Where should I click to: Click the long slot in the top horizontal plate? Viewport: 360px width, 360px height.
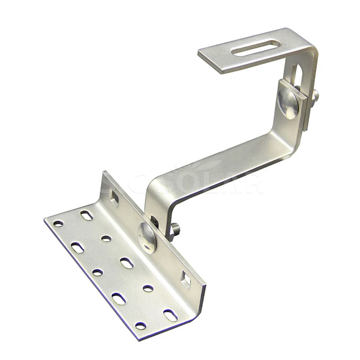coord(256,48)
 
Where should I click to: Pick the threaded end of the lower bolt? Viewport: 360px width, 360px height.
coord(175,229)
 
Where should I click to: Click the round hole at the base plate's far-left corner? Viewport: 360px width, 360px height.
coord(58,223)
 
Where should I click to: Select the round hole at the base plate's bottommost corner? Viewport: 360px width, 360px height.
coord(141,325)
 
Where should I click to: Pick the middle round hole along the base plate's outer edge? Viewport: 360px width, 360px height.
coord(97,272)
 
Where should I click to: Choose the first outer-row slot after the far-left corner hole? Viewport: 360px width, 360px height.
coord(77,247)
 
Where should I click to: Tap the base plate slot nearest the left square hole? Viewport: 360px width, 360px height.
coord(86,216)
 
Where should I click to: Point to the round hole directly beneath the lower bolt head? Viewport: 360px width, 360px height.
coord(148,288)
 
